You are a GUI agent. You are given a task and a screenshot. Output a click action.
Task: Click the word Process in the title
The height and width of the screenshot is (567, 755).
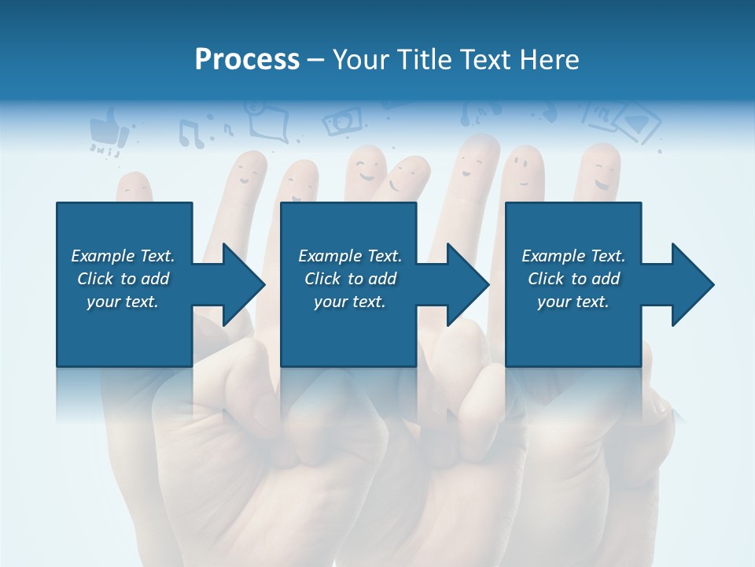pos(247,59)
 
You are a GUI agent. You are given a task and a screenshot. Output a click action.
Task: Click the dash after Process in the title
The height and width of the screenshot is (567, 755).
pos(315,60)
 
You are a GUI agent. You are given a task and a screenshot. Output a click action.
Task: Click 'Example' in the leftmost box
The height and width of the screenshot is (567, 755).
pos(102,256)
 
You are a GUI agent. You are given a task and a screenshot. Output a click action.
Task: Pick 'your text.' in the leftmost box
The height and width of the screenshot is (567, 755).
pos(123,302)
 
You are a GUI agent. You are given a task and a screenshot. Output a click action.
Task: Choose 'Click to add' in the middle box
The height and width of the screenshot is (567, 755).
pos(350,279)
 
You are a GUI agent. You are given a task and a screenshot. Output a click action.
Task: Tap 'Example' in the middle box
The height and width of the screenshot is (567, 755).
pos(330,256)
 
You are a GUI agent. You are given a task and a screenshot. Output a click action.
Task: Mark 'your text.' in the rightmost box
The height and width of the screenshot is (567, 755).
pos(573,302)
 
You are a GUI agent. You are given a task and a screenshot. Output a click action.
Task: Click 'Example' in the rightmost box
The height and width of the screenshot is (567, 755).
pos(553,256)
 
